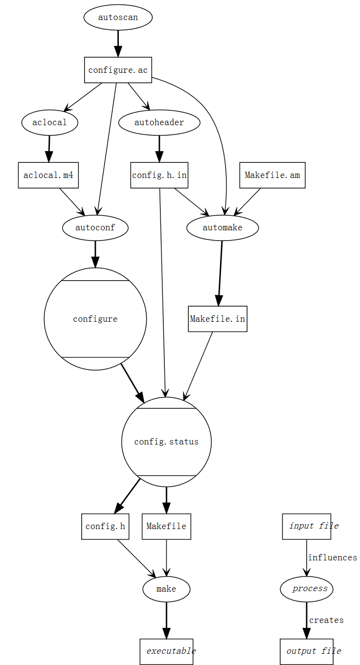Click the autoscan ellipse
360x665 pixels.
118,18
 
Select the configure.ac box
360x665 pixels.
118,70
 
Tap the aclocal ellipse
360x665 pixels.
49,123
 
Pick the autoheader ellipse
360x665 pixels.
159,123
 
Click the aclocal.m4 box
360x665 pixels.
48,175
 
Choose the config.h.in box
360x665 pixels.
159,175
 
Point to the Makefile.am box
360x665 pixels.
272,175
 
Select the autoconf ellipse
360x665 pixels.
95,227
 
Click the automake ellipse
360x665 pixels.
223,227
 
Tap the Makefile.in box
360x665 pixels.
218,319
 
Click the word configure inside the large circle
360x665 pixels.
95,319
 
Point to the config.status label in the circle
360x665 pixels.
166,442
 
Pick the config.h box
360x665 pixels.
105,527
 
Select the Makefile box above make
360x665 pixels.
166,527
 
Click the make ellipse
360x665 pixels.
166,589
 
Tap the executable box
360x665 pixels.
166,651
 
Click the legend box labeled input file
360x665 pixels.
307,527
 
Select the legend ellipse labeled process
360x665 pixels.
307,589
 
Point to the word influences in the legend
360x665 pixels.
332,558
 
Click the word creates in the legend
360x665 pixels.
326,621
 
